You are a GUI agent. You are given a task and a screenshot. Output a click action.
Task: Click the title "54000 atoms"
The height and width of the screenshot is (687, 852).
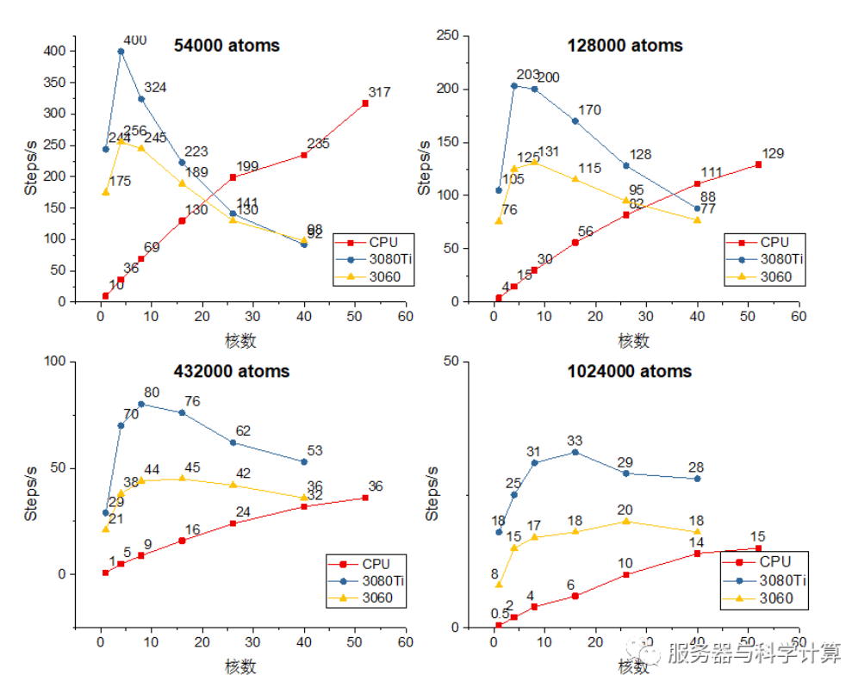[x=227, y=46]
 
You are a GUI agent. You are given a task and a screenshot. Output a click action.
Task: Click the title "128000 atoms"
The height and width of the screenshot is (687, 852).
[x=625, y=46]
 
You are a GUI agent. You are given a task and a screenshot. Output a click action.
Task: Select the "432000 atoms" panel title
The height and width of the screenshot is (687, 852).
[x=233, y=372]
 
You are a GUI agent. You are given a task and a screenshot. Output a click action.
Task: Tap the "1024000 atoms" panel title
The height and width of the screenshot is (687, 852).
[x=629, y=372]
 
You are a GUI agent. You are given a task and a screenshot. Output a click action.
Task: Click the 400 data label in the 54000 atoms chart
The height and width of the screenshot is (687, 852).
[x=134, y=40]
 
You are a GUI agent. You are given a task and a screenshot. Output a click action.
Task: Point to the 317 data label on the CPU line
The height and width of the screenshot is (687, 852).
[x=379, y=93]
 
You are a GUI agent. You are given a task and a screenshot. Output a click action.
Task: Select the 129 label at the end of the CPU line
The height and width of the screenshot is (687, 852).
[x=773, y=154]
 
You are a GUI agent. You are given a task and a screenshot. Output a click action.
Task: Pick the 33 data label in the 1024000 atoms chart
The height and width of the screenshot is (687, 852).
[x=575, y=442]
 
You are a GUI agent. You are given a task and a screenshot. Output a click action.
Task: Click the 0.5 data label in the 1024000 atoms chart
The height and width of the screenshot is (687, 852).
[x=500, y=614]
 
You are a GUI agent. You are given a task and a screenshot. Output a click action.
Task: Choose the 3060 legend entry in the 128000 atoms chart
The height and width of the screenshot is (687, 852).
[x=771, y=276]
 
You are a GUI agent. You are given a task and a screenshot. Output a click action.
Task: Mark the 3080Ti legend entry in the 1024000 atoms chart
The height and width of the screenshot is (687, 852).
[x=773, y=580]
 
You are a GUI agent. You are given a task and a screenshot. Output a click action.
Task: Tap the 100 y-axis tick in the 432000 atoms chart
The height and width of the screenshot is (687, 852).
[x=54, y=362]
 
